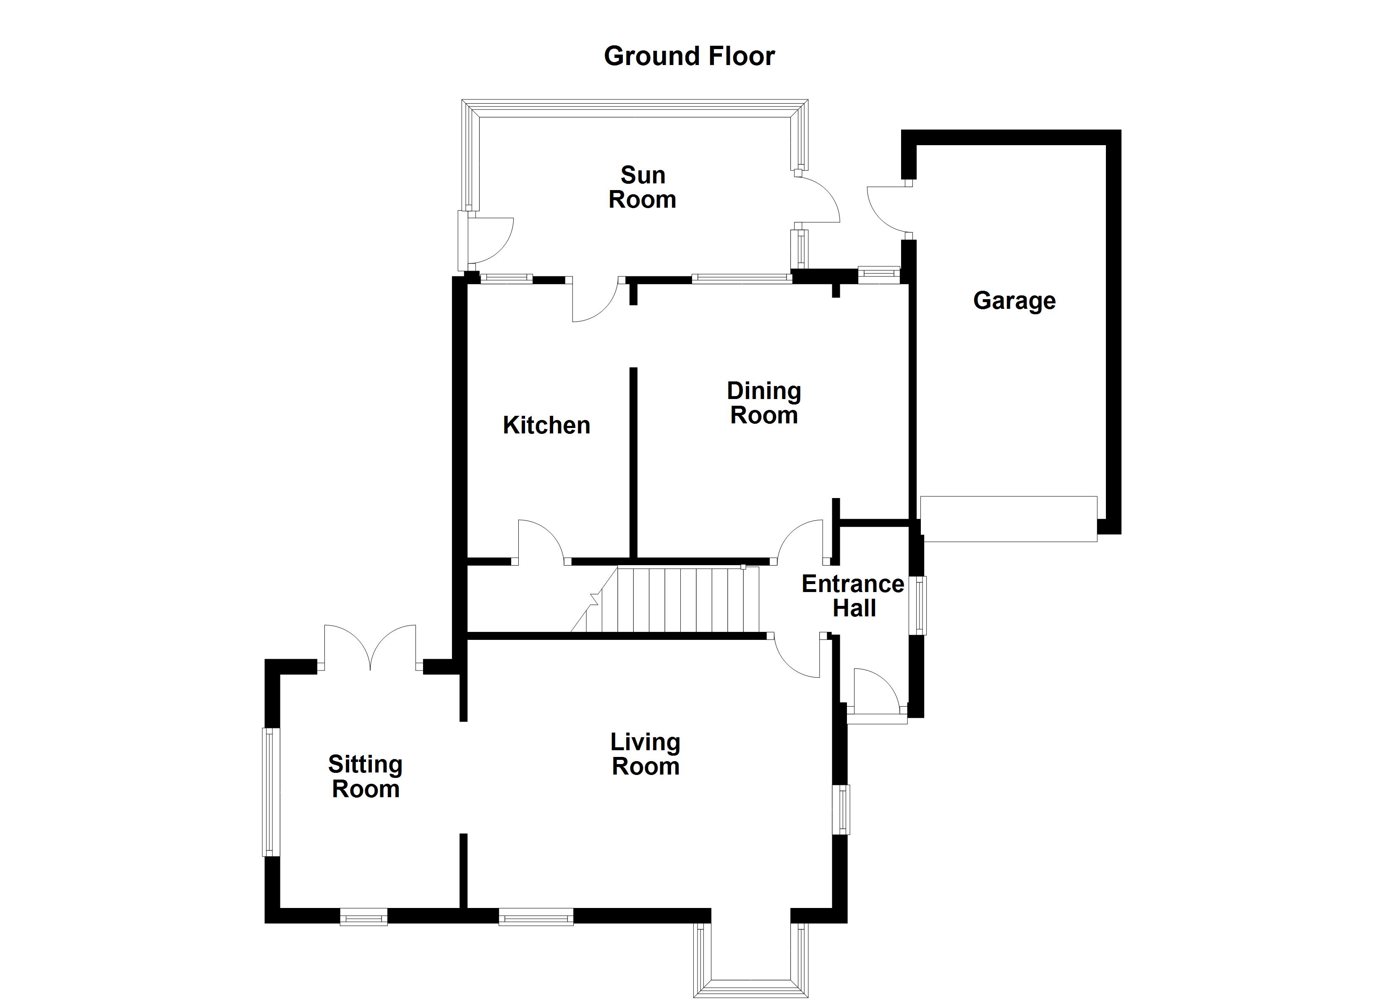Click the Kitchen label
[x=546, y=425]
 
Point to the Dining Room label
[x=763, y=403]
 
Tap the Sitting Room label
[x=365, y=776]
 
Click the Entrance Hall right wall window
[x=918, y=605]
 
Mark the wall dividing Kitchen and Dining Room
[x=633, y=462]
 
